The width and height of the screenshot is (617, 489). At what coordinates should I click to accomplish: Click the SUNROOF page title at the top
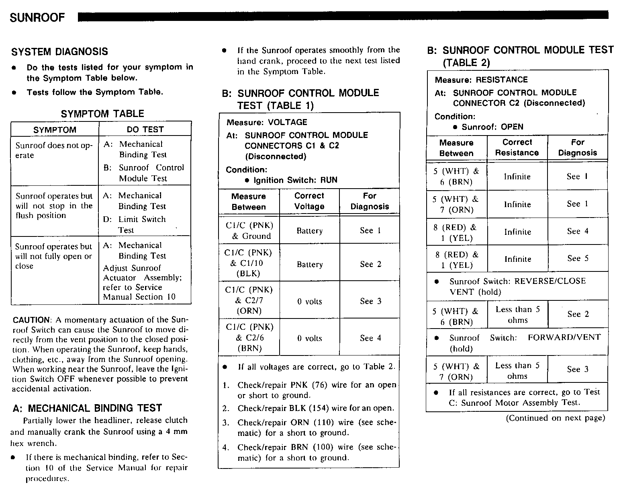click(37, 18)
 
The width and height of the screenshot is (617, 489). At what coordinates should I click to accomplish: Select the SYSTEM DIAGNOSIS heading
click(59, 52)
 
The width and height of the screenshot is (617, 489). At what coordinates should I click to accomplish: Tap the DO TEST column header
click(145, 129)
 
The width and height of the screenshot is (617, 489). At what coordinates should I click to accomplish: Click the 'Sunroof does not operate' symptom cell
click(54, 150)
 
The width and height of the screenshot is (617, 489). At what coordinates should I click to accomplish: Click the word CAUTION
click(32, 320)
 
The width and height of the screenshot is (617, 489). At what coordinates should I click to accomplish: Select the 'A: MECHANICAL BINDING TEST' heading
click(87, 408)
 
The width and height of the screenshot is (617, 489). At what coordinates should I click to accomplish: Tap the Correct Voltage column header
click(309, 201)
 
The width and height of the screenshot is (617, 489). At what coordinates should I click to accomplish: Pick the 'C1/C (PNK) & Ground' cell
click(249, 230)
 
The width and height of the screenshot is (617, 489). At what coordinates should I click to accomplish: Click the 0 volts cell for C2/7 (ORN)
click(309, 302)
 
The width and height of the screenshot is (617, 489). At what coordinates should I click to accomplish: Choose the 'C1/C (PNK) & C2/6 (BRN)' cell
click(249, 338)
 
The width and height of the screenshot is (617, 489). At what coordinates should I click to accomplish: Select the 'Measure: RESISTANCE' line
click(481, 80)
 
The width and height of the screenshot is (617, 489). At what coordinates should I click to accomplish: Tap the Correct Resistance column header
click(517, 148)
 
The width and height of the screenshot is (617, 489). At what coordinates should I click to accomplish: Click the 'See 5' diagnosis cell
click(578, 259)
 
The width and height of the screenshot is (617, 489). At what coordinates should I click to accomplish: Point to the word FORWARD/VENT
click(564, 337)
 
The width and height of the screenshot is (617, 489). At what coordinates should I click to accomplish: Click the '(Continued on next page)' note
click(555, 418)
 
